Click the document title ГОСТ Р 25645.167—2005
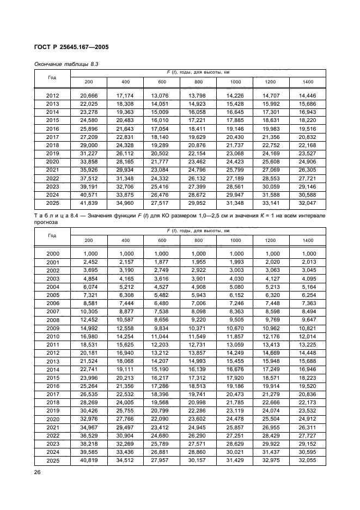(71, 47)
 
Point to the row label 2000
(53, 253)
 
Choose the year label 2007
(53, 312)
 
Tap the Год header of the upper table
(52, 77)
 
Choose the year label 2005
(53, 295)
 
